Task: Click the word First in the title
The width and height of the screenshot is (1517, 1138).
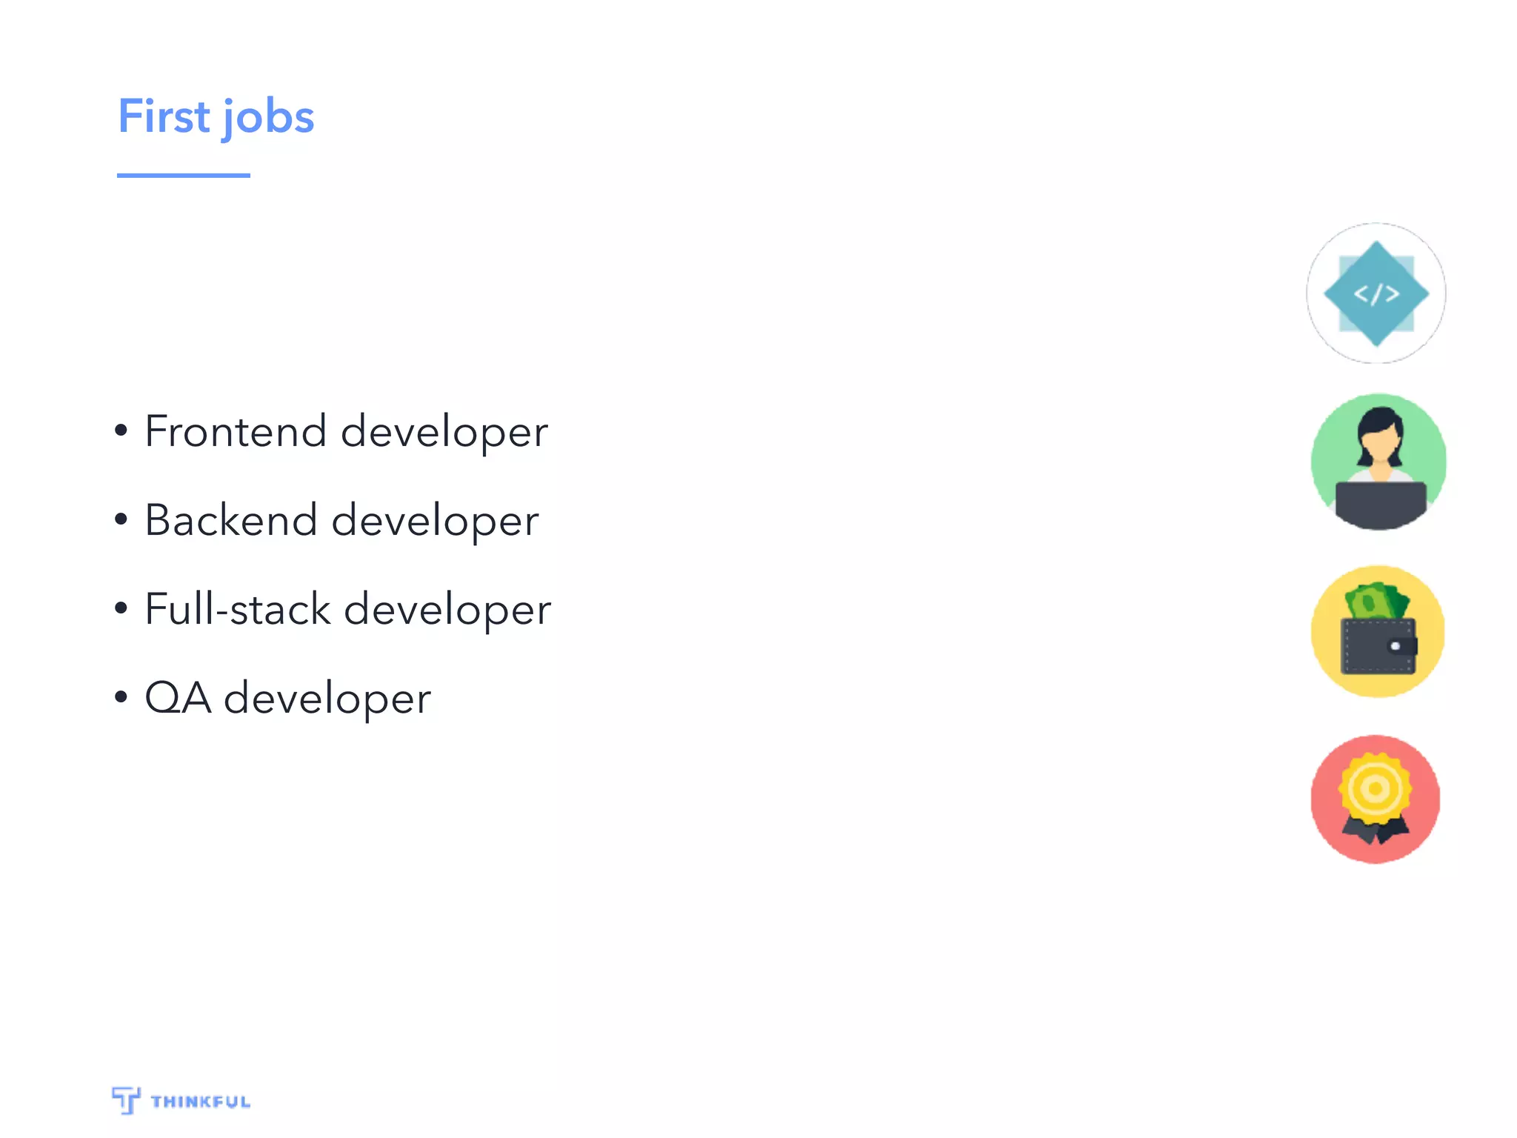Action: coord(164,117)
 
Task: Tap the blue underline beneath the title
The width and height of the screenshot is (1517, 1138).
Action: coord(183,176)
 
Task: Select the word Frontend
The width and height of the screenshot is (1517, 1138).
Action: coord(236,431)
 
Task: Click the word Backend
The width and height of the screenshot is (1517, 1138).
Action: coord(230,520)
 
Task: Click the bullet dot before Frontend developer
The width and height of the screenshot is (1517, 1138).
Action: coord(121,430)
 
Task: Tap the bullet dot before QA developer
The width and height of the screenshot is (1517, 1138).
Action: coord(121,697)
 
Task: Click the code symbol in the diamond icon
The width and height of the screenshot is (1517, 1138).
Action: coord(1376,294)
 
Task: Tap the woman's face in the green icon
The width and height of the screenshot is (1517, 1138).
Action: coord(1379,442)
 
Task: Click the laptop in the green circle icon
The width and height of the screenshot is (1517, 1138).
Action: coord(1380,504)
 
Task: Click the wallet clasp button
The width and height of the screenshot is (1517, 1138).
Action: coord(1396,646)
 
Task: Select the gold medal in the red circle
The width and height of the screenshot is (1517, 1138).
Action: coord(1375,788)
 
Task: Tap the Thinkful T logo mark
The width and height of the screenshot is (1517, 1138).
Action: coord(126,1099)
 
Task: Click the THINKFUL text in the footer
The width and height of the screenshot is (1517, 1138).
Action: coord(201,1102)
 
